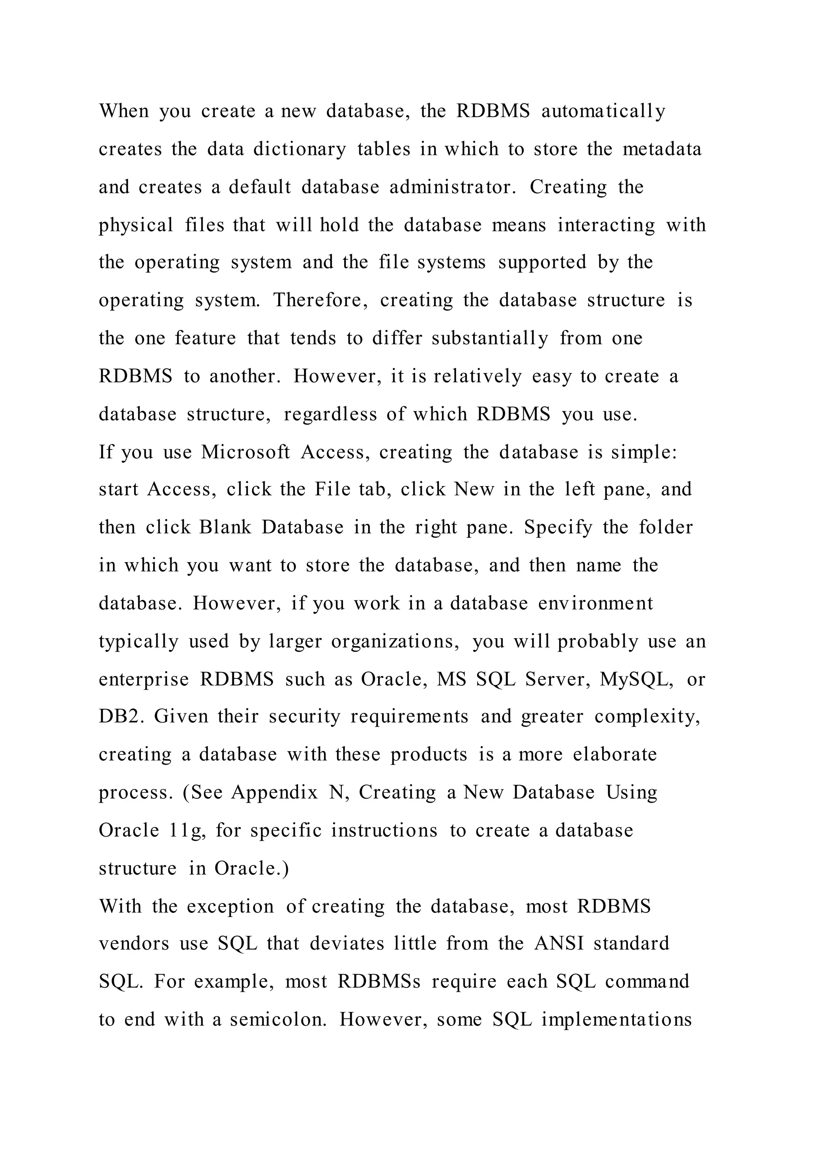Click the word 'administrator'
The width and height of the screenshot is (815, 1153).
click(452, 187)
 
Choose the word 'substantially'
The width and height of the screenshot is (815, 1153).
click(490, 338)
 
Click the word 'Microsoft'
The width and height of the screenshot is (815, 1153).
click(246, 452)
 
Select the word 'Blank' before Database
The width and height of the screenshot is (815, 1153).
click(225, 527)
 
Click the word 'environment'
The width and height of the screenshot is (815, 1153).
click(595, 603)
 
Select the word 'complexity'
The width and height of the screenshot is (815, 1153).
click(647, 717)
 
